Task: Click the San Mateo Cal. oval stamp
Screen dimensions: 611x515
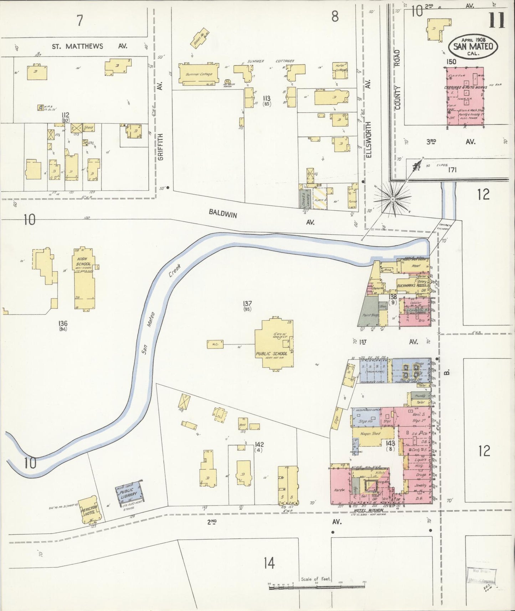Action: (473, 47)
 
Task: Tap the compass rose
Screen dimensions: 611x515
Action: (392, 199)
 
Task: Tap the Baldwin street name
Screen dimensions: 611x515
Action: (222, 214)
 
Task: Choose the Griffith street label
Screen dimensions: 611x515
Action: (160, 147)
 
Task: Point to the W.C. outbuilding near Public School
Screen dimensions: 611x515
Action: (215, 344)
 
